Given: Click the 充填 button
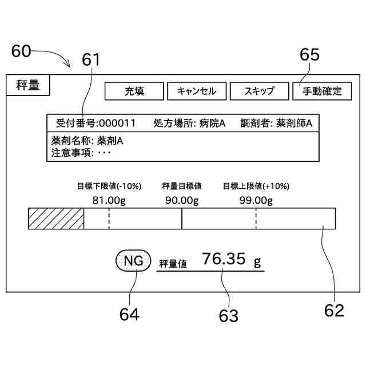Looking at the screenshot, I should tap(134, 91).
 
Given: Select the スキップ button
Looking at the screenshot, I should tap(259, 91).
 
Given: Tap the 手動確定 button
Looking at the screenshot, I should tap(321, 91).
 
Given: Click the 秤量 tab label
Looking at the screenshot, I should tap(27, 86).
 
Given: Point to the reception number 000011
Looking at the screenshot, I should tap(117, 123).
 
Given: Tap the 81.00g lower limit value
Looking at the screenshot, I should tap(109, 200).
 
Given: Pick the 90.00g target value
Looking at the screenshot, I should tap(182, 200).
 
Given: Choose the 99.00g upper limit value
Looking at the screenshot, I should tap(256, 200).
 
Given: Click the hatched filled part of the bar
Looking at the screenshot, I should tap(56, 219).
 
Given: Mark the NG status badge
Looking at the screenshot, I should tap(133, 262).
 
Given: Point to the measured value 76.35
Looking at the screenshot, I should tap(224, 260).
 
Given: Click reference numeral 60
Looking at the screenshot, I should tap(21, 51).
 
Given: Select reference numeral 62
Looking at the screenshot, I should tap(334, 310).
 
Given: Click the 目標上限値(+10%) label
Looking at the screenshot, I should tap(256, 186).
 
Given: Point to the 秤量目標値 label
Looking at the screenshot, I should tap(182, 186).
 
